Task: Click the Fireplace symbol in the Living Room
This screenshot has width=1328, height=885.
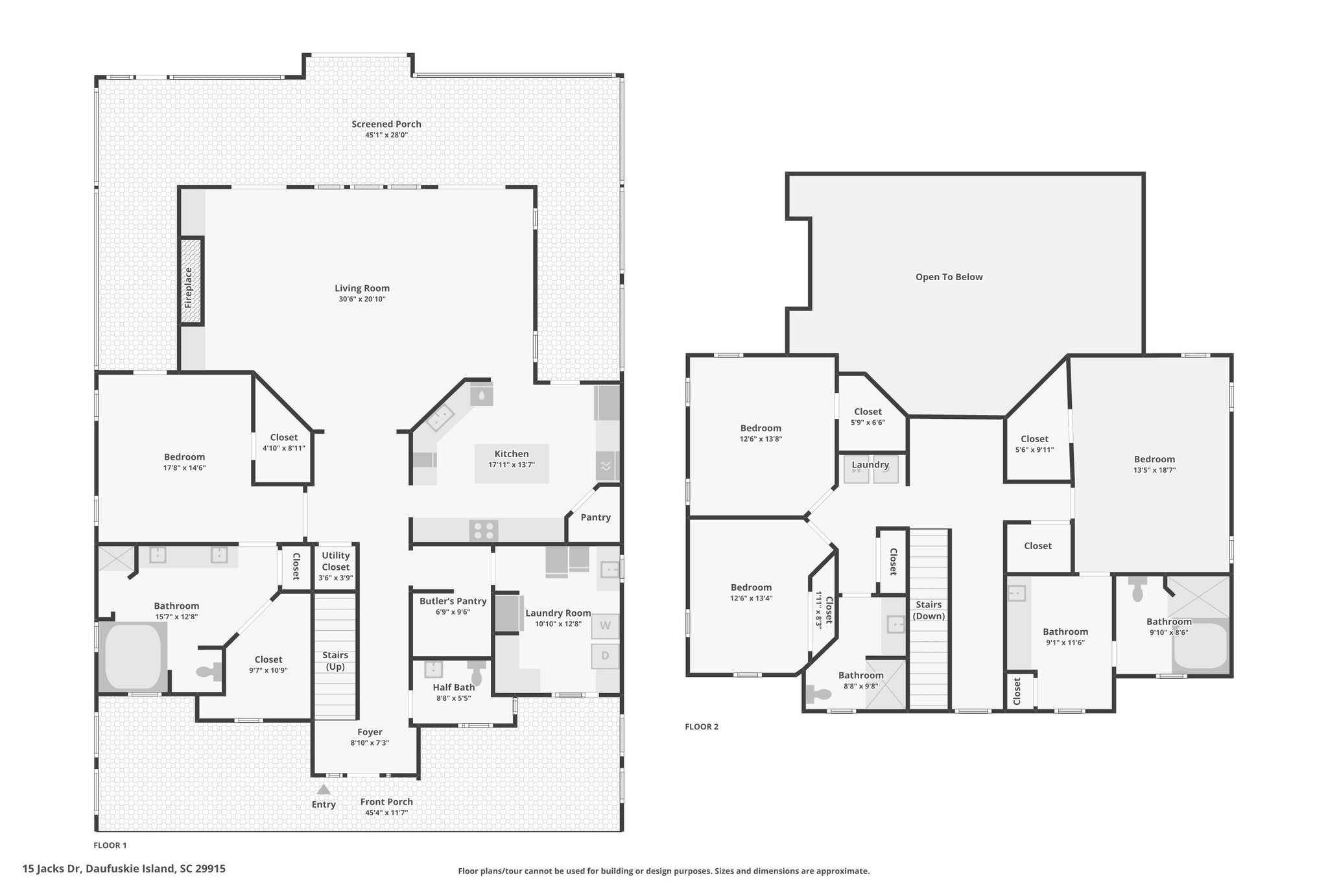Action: tap(191, 281)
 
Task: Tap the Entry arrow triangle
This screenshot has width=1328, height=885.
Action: tap(324, 789)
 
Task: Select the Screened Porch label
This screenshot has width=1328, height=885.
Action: tap(386, 124)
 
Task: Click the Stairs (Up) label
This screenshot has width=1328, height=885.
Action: tap(335, 661)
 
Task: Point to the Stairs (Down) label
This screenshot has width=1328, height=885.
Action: tap(929, 610)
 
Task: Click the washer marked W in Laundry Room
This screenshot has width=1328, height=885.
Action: tap(605, 626)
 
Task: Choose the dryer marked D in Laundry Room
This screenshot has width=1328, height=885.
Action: tap(605, 655)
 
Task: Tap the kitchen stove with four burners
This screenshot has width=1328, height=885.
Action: tap(484, 530)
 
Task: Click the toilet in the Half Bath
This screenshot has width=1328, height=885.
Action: tap(477, 672)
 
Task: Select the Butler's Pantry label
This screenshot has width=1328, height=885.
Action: tap(453, 601)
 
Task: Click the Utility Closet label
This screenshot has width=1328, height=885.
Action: tap(335, 561)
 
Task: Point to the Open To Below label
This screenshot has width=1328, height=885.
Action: tap(949, 277)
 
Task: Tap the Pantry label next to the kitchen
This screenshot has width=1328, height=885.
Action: tap(595, 517)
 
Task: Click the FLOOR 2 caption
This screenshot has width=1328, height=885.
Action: tap(702, 727)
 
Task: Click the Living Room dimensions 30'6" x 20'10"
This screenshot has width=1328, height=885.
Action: tap(362, 300)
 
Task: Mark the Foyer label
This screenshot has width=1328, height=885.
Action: tap(370, 732)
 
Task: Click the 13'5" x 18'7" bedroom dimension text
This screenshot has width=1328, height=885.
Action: tap(1154, 470)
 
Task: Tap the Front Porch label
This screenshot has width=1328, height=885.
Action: tap(386, 802)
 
